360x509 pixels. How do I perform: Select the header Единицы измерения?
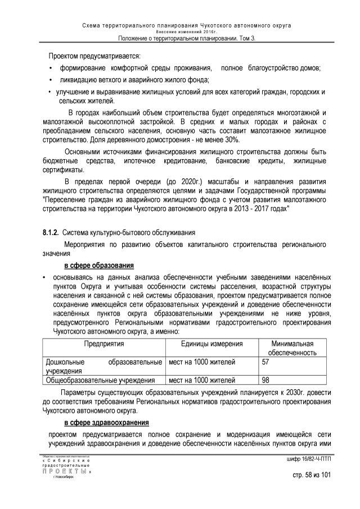click(x=208, y=344)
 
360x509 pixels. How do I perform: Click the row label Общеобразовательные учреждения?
click(x=100, y=380)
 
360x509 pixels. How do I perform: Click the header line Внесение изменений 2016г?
click(x=180, y=32)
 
